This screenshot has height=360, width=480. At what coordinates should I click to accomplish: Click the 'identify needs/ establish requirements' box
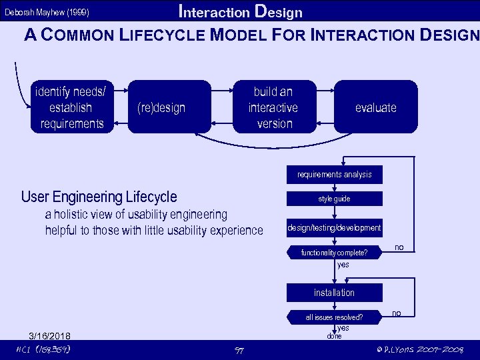point(72,107)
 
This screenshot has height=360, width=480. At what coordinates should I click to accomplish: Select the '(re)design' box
point(161,107)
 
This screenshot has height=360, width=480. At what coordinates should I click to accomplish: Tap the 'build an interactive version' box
point(273,107)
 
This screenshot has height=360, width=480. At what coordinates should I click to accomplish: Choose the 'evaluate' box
point(375,107)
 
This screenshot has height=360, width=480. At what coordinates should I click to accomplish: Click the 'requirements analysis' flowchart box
point(335,175)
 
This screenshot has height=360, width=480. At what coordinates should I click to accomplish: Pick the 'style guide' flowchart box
point(335,199)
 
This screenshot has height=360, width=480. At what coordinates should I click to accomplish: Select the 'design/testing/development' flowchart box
point(335,228)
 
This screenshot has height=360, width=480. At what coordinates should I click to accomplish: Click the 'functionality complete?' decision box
point(335,253)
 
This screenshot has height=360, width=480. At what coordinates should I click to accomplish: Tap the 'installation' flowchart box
point(335,293)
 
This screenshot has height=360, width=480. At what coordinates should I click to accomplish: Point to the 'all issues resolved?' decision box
point(335,317)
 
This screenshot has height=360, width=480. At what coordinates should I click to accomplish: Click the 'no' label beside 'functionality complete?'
point(399,247)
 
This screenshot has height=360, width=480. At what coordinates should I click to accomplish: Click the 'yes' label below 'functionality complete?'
point(343,265)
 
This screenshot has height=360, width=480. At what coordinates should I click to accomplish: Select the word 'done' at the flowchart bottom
point(334,336)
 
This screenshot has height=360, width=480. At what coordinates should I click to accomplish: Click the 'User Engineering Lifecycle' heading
point(99,197)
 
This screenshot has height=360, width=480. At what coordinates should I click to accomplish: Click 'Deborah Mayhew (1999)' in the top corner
point(47,13)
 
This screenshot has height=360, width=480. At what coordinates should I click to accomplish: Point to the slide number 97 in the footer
point(239,351)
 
